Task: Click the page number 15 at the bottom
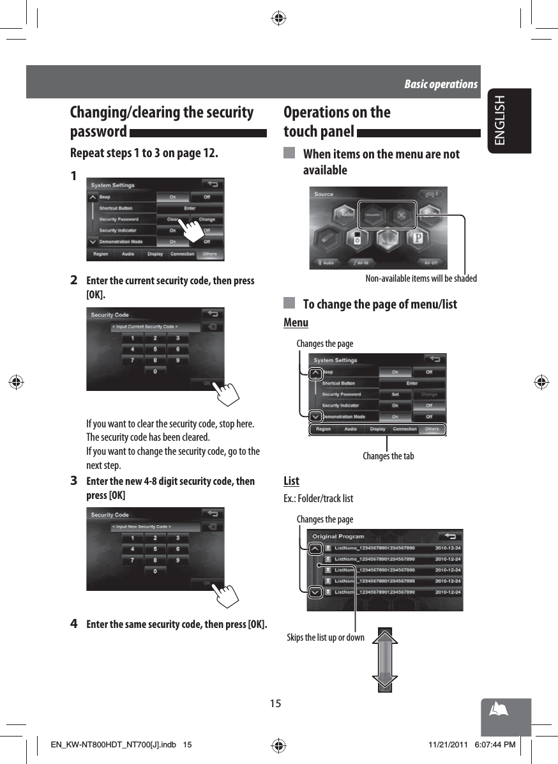pos(275,703)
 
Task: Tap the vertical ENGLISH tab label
pos(500,120)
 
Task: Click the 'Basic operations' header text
pos(441,84)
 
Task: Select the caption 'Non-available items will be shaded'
pos(421,279)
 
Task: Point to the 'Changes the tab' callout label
pos(388,456)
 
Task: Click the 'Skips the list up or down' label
pos(326,638)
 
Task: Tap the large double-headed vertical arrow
pos(384,660)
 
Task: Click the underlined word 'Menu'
pos(296,323)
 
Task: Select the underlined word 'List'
pos(291,481)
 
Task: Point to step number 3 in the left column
pos(74,481)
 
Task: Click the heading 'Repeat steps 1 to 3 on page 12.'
pos(144,154)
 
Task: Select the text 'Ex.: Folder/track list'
pos(318,498)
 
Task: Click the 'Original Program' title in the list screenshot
pos(338,537)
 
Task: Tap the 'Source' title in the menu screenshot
pos(324,194)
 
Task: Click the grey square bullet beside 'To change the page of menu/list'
pos(289,303)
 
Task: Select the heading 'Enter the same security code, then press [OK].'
pos(177,624)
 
